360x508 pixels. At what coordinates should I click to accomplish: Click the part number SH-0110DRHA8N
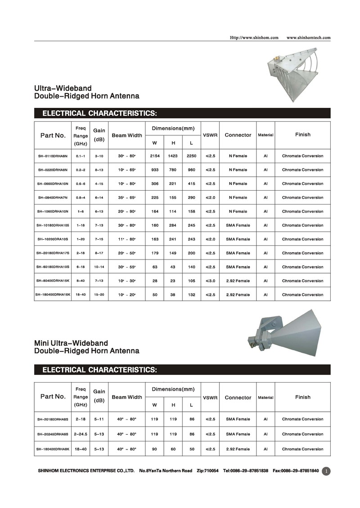coord(53,156)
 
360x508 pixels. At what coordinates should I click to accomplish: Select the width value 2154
coord(154,156)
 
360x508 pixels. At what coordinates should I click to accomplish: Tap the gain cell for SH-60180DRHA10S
coord(99,267)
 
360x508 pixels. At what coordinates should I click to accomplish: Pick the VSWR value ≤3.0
coord(211,281)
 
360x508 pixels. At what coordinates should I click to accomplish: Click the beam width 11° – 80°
coord(127,239)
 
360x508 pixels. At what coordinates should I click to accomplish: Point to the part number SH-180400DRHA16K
coord(53,295)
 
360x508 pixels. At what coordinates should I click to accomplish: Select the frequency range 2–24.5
coord(81,434)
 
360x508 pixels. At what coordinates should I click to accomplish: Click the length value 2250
coord(191,156)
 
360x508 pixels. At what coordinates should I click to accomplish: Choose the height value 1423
coord(173,156)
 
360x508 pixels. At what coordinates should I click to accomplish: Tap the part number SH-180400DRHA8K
coord(53,449)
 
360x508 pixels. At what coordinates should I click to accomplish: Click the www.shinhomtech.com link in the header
coord(308,37)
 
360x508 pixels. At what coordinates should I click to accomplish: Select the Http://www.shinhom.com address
coord(254,37)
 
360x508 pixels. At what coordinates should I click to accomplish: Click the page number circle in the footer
coord(327,471)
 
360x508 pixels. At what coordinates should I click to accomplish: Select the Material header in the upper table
coord(265,135)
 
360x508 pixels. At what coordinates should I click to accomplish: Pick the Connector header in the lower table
coord(238,397)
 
